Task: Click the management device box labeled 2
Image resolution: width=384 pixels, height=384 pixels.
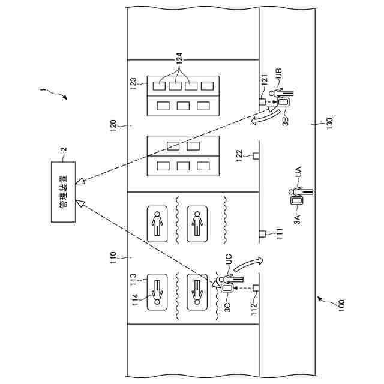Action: point(63,192)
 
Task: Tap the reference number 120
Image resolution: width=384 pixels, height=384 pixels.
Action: point(113,125)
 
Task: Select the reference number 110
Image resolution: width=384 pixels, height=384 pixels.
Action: point(113,257)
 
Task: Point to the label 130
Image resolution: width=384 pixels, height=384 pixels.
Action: point(330,124)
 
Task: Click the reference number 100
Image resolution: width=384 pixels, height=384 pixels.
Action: point(341,305)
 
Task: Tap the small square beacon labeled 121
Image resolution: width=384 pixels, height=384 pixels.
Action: point(262,101)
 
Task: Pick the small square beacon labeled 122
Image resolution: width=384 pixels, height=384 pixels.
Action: point(256,156)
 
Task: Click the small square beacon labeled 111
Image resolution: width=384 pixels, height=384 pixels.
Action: point(262,234)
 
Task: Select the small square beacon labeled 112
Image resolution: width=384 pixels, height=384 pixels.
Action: point(256,288)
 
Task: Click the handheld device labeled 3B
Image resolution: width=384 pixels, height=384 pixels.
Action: point(283,102)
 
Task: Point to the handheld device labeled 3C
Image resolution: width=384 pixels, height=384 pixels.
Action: point(227,288)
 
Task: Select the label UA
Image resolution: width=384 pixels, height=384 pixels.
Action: point(298,172)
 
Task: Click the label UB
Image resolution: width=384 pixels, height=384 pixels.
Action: point(279,73)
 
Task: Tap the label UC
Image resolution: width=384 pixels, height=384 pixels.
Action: point(228,260)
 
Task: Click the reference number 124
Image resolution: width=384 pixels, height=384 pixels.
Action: point(179,59)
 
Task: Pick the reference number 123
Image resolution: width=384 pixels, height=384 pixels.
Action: point(133,83)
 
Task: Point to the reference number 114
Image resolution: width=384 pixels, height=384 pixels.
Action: point(135,299)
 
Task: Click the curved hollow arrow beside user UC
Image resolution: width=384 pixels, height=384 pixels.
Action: point(248,264)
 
